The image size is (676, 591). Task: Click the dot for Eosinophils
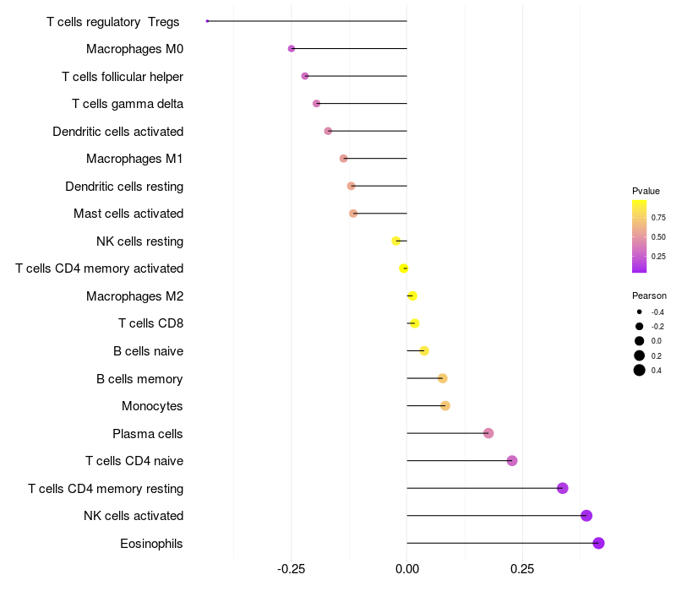coord(598,543)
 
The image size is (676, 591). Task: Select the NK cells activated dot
coord(586,516)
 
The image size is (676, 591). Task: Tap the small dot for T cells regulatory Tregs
coord(207,21)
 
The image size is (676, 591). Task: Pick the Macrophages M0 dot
coord(292,49)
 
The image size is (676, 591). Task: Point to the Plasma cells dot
coord(488,433)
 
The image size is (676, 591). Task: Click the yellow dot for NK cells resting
coord(396,241)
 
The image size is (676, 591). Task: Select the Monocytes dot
coord(445,406)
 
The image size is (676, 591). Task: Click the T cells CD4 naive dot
coord(512,461)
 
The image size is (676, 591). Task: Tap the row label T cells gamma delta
coord(128,104)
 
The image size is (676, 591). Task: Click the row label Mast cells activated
coord(128,214)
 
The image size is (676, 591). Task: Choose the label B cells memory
coord(139,379)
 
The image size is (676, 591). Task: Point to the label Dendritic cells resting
coord(124,186)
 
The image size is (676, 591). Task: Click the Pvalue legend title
coord(646,191)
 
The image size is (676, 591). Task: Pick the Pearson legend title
coord(649,295)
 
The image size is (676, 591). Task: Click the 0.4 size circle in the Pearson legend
coord(640,370)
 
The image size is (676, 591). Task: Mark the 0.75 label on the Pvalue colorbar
coord(658,217)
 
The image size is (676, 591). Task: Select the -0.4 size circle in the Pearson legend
coord(640,312)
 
